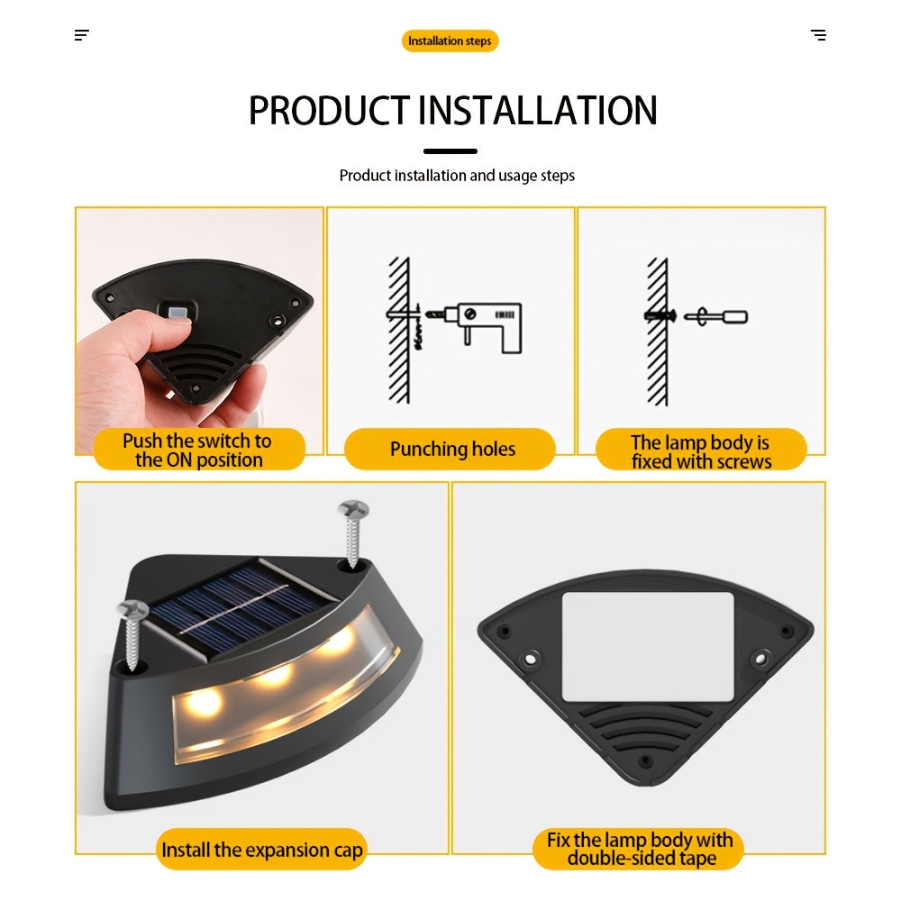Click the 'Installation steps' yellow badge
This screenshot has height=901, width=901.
[450, 41]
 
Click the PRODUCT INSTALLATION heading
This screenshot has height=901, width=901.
[452, 110]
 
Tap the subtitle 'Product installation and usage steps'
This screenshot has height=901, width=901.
[457, 176]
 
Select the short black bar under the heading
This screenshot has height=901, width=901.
[450, 151]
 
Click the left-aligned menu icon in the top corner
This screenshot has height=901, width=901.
[82, 35]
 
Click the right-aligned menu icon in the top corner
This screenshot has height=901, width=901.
[818, 35]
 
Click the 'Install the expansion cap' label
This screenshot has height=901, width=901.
[261, 849]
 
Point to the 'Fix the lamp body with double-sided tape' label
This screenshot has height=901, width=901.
[639, 849]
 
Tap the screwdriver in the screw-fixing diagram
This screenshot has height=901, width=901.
[715, 316]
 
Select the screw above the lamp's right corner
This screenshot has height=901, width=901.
[353, 532]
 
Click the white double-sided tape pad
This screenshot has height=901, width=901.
[648, 647]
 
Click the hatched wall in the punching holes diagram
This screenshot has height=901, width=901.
[399, 330]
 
